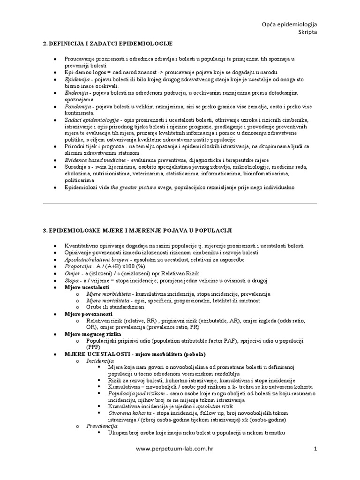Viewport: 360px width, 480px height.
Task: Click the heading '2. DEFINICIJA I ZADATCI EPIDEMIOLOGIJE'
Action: tap(108, 44)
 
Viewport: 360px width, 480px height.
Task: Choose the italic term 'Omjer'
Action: tap(73, 273)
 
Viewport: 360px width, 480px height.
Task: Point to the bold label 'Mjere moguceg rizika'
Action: tap(92, 334)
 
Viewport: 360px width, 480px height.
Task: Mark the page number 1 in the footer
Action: tap(315, 449)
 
